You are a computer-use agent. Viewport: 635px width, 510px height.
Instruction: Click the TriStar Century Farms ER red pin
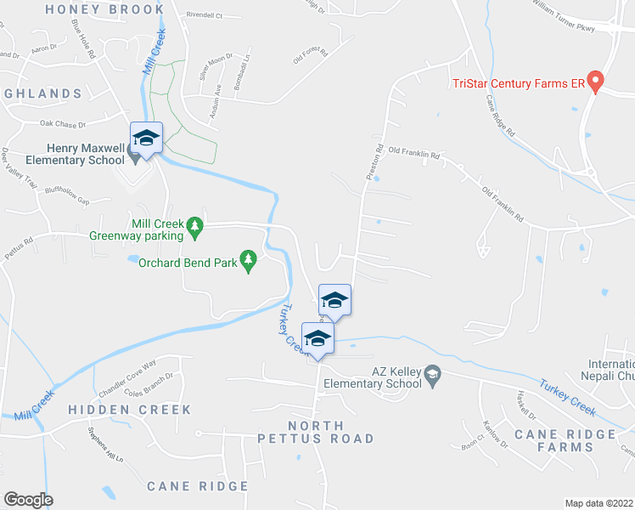[x=595, y=82]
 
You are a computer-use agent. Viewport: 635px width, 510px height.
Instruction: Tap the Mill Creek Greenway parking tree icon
[x=196, y=225]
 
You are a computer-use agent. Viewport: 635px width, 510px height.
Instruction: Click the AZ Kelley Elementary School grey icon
[x=432, y=374]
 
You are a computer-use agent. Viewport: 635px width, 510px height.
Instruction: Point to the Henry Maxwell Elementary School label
[x=68, y=154]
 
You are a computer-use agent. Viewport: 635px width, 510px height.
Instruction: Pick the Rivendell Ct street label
[x=204, y=15]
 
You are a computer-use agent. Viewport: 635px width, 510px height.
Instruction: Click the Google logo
[x=27, y=500]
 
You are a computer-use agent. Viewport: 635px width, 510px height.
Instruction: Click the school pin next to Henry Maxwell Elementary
[x=146, y=139]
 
